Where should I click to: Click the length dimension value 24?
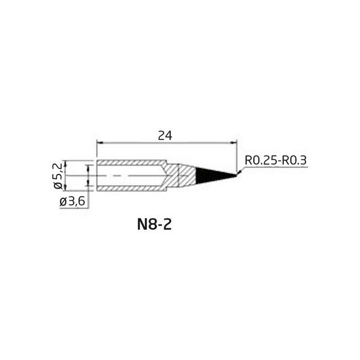tap(165, 135)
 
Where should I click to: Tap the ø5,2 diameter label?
tap(58, 175)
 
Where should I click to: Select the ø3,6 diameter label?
tap(73, 202)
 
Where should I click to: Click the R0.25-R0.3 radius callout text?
tap(275, 160)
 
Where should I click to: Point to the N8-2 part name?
tap(154, 225)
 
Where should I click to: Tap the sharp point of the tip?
tap(236, 175)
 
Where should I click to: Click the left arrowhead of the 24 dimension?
tap(100, 143)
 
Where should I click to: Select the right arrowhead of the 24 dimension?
tap(233, 143)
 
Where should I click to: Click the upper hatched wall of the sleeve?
tap(131, 163)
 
